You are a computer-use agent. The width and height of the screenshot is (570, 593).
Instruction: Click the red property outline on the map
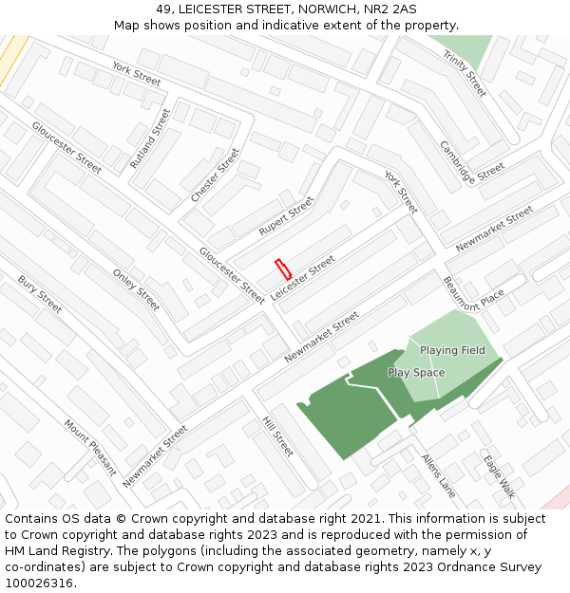click(282, 268)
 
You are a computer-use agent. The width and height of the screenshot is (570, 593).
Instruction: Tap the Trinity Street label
click(465, 74)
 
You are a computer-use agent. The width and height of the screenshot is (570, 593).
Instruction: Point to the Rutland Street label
click(150, 139)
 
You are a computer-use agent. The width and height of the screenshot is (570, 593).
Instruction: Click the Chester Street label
click(216, 175)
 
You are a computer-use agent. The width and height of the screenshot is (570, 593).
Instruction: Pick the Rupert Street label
click(286, 217)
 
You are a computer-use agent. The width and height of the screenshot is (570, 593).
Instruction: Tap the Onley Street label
click(136, 289)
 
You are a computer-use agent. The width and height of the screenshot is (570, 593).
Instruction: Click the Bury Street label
click(40, 294)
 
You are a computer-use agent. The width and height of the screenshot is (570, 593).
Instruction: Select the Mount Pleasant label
click(90, 448)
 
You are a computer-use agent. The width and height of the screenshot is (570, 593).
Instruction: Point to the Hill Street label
click(277, 435)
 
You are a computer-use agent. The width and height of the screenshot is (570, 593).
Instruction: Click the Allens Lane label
click(439, 475)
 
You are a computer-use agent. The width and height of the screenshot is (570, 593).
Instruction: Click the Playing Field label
click(452, 350)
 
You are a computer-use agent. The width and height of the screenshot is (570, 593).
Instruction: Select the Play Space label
click(416, 373)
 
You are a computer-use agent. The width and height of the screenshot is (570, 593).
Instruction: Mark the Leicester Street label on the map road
click(303, 278)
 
